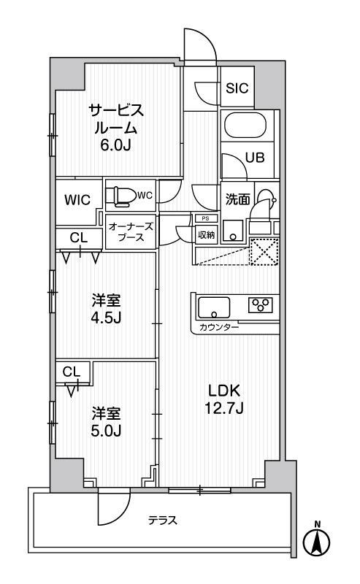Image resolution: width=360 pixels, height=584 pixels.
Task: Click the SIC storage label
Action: click(x=237, y=88)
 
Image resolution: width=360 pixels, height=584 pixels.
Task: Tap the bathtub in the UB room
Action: click(x=245, y=126)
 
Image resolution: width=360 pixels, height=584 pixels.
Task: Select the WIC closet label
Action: click(x=77, y=200)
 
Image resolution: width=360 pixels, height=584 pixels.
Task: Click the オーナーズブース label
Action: click(x=131, y=231)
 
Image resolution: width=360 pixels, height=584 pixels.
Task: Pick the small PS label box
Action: click(x=205, y=218)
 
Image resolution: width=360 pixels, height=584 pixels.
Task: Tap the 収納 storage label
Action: click(x=206, y=235)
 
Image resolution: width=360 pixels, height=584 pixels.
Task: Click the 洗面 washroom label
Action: click(x=237, y=199)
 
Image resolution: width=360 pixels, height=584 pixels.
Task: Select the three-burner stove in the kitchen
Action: click(x=261, y=304)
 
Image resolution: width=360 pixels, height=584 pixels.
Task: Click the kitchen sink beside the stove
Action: click(x=214, y=307)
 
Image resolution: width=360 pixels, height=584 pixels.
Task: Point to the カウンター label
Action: click(x=219, y=328)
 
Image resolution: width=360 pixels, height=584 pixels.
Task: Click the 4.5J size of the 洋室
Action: click(x=107, y=318)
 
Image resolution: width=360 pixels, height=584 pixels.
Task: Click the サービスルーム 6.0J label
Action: click(x=115, y=128)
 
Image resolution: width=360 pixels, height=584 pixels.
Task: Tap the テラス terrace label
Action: click(x=163, y=520)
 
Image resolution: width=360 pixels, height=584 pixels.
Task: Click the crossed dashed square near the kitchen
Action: click(x=264, y=250)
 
